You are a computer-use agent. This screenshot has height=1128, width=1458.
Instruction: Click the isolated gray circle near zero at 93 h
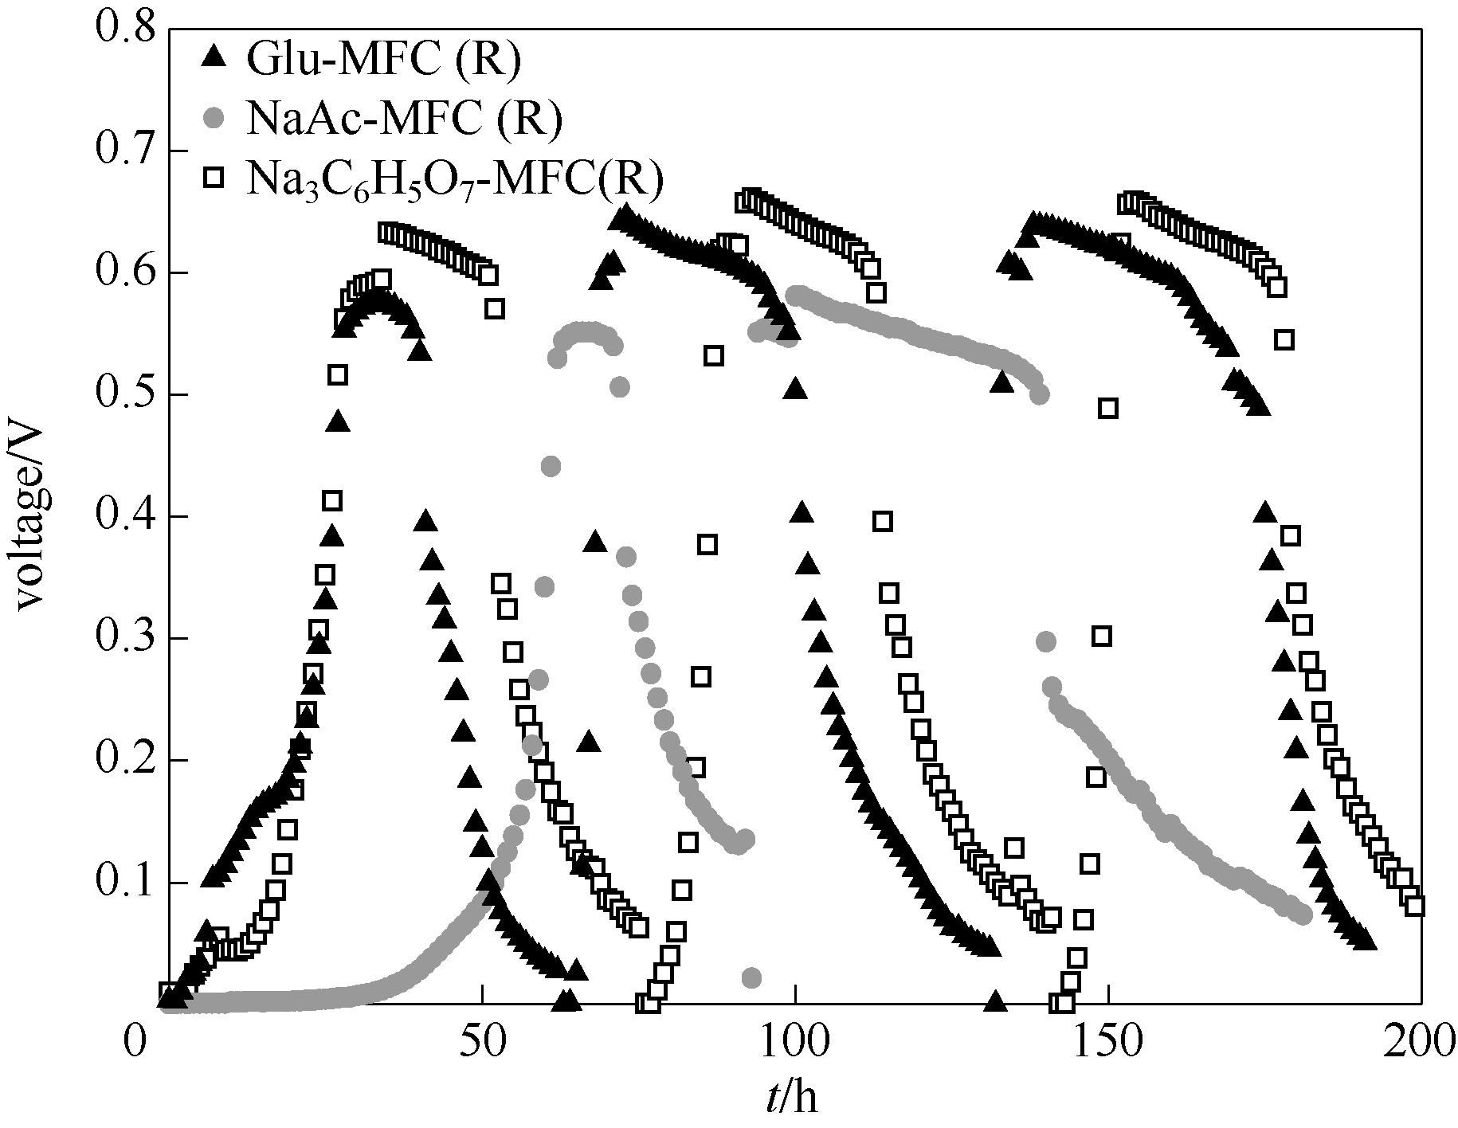point(751,977)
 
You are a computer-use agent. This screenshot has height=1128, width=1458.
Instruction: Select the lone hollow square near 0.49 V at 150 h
point(1107,409)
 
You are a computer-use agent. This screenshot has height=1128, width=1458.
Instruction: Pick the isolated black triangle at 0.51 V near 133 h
point(1002,383)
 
